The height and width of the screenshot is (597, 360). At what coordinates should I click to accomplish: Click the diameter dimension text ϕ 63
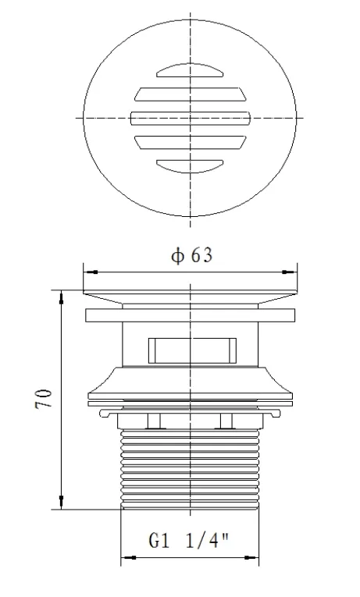[x=191, y=256]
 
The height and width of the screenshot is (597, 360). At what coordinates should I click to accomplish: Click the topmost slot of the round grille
[x=190, y=73]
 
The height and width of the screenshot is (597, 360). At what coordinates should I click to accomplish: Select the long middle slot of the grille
[x=190, y=118]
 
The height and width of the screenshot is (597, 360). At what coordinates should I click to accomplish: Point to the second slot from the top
[x=190, y=95]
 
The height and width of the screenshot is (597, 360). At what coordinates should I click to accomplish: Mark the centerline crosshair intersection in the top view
[x=191, y=118]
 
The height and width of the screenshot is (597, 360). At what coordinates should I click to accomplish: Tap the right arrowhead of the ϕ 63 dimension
[x=294, y=272]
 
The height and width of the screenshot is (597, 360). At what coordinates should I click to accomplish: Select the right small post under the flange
[x=226, y=422]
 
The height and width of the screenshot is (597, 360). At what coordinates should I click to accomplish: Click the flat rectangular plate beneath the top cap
[x=191, y=316]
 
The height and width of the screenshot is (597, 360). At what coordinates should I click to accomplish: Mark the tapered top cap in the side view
[x=191, y=297]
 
